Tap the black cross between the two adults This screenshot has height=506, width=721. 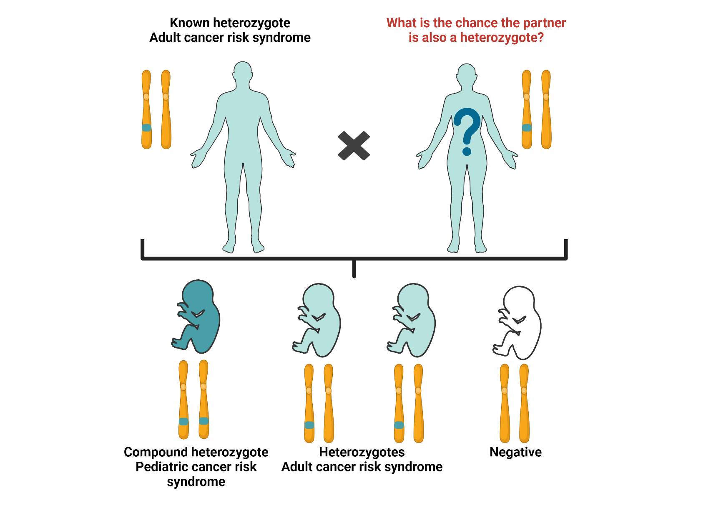(354, 146)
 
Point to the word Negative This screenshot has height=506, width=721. (515, 452)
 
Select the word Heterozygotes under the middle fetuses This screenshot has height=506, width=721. (362, 452)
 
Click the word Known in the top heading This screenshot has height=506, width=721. (190, 23)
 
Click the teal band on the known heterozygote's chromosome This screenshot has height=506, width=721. (146, 128)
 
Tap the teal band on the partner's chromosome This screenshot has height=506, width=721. (527, 128)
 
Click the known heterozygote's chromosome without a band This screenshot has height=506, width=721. (166, 109)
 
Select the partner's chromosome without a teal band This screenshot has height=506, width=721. (546, 109)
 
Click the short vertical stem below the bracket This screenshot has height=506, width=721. (354, 269)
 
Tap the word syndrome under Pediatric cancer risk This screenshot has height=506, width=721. (196, 482)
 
